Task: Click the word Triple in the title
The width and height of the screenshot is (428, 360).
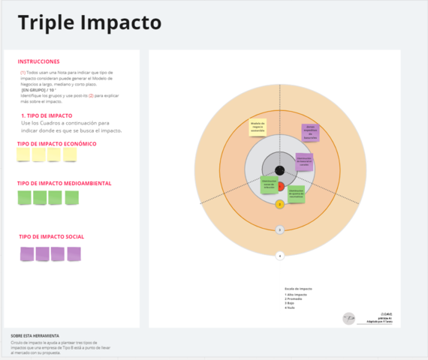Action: tap(47, 23)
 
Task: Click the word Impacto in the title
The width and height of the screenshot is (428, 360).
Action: tap(119, 23)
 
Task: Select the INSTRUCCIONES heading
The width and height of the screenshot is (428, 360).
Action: tap(39, 61)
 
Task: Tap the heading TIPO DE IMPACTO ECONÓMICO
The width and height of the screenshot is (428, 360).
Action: tap(56, 143)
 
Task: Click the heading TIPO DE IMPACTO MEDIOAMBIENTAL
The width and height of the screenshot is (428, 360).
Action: tap(65, 183)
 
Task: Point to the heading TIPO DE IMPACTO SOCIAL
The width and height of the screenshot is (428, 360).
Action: tap(51, 237)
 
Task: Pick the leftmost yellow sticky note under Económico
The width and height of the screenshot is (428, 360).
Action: tap(23, 154)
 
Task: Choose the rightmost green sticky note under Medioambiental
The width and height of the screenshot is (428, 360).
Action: tap(72, 197)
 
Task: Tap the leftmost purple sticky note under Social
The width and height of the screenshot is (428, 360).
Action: tap(26, 253)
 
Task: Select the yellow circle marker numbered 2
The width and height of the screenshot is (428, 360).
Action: tap(279, 203)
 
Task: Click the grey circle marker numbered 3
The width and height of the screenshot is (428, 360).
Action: tap(279, 229)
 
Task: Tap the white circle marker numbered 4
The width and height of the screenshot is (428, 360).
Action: tap(279, 256)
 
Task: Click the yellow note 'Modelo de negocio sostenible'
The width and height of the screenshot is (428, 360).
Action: tap(258, 127)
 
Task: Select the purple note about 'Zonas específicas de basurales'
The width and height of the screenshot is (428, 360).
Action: tap(311, 133)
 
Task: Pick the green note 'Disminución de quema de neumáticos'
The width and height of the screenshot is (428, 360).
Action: tap(296, 193)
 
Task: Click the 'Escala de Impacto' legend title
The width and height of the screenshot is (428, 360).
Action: tap(298, 288)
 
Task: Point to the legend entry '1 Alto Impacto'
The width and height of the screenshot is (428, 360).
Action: tap(296, 295)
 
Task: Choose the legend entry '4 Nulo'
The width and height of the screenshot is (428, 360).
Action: tap(289, 308)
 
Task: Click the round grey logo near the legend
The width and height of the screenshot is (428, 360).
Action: tap(348, 319)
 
